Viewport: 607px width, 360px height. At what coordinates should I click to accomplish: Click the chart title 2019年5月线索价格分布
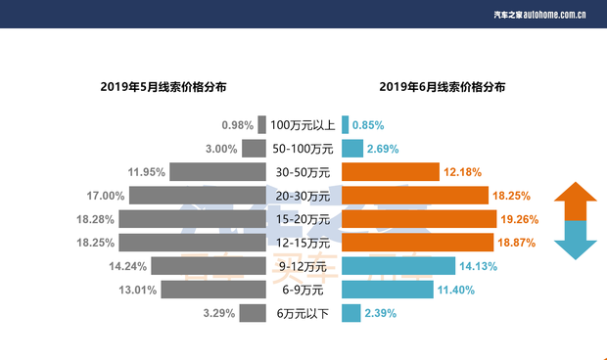tap(163, 87)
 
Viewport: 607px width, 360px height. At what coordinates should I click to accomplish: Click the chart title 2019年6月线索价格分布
tap(443, 87)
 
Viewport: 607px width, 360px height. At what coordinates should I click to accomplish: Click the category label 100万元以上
tap(303, 125)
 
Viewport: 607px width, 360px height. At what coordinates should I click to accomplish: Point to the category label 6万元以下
tap(303, 313)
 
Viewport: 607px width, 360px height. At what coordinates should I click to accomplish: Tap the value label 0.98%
tap(238, 125)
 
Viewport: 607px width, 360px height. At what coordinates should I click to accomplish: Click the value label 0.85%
tap(367, 125)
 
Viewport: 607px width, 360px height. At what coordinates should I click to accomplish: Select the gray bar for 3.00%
tap(255, 149)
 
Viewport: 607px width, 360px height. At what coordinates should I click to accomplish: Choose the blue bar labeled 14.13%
tap(398, 266)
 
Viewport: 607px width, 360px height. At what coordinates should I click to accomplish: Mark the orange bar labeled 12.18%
tap(391, 172)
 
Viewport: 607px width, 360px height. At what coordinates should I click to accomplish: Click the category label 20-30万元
tap(303, 196)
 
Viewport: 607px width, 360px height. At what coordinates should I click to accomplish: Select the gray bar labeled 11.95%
tap(217, 172)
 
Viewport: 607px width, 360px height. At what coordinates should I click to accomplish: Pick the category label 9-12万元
tap(303, 266)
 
